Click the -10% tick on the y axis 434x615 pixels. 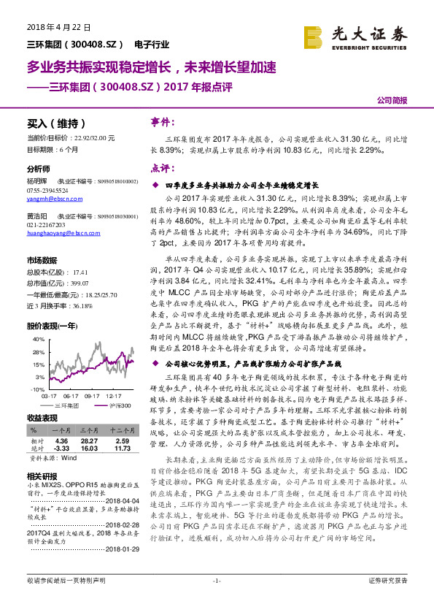coord(35,390)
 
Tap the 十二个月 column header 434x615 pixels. coord(120,431)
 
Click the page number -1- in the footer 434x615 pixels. coord(217,600)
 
